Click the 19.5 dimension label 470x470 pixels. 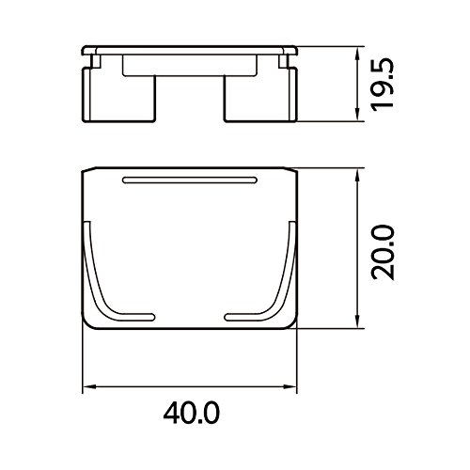click(x=383, y=84)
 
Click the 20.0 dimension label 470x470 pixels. click(x=383, y=252)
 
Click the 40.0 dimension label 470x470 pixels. click(x=192, y=413)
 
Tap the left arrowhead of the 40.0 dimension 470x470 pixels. click(x=88, y=387)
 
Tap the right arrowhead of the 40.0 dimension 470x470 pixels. click(x=290, y=387)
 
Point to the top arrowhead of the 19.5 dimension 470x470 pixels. click(x=357, y=54)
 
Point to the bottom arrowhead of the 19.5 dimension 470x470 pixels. click(x=357, y=115)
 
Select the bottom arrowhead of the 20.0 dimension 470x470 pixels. click(x=357, y=321)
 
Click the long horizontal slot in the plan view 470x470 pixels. click(x=190, y=180)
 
